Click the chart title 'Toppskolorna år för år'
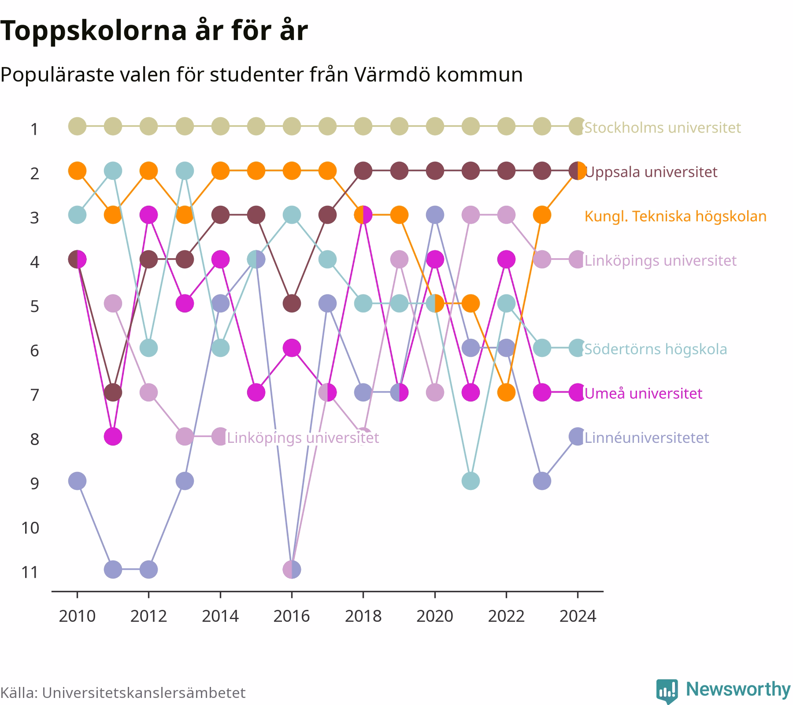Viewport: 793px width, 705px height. pyautogui.click(x=154, y=31)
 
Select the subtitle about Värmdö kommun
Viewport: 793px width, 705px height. pyautogui.click(x=261, y=74)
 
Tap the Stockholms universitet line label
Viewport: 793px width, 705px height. pyautogui.click(x=663, y=127)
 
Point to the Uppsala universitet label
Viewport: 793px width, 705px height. pyautogui.click(x=651, y=171)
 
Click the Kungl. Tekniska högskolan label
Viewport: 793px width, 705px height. pyautogui.click(x=675, y=216)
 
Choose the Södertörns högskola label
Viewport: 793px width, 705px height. pyautogui.click(x=656, y=349)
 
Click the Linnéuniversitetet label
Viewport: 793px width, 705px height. pyautogui.click(x=647, y=438)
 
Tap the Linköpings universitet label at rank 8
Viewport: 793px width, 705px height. pyautogui.click(x=303, y=438)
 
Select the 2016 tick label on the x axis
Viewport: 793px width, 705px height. pyautogui.click(x=292, y=616)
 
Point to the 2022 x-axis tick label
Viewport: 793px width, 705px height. pyautogui.click(x=506, y=616)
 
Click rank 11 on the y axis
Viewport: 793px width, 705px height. pyautogui.click(x=30, y=572)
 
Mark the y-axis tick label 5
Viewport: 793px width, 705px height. pyautogui.click(x=35, y=306)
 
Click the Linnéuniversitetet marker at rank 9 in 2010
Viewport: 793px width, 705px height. pyautogui.click(x=77, y=481)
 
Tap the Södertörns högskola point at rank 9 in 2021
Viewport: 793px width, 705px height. pyautogui.click(x=471, y=481)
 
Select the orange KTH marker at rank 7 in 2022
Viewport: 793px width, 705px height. pyautogui.click(x=506, y=392)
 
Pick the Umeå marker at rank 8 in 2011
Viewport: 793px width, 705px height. pyautogui.click(x=113, y=437)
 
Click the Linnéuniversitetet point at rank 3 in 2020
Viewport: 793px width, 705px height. pyautogui.click(x=435, y=215)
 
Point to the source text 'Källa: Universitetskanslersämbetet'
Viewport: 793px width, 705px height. pyautogui.click(x=123, y=693)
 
